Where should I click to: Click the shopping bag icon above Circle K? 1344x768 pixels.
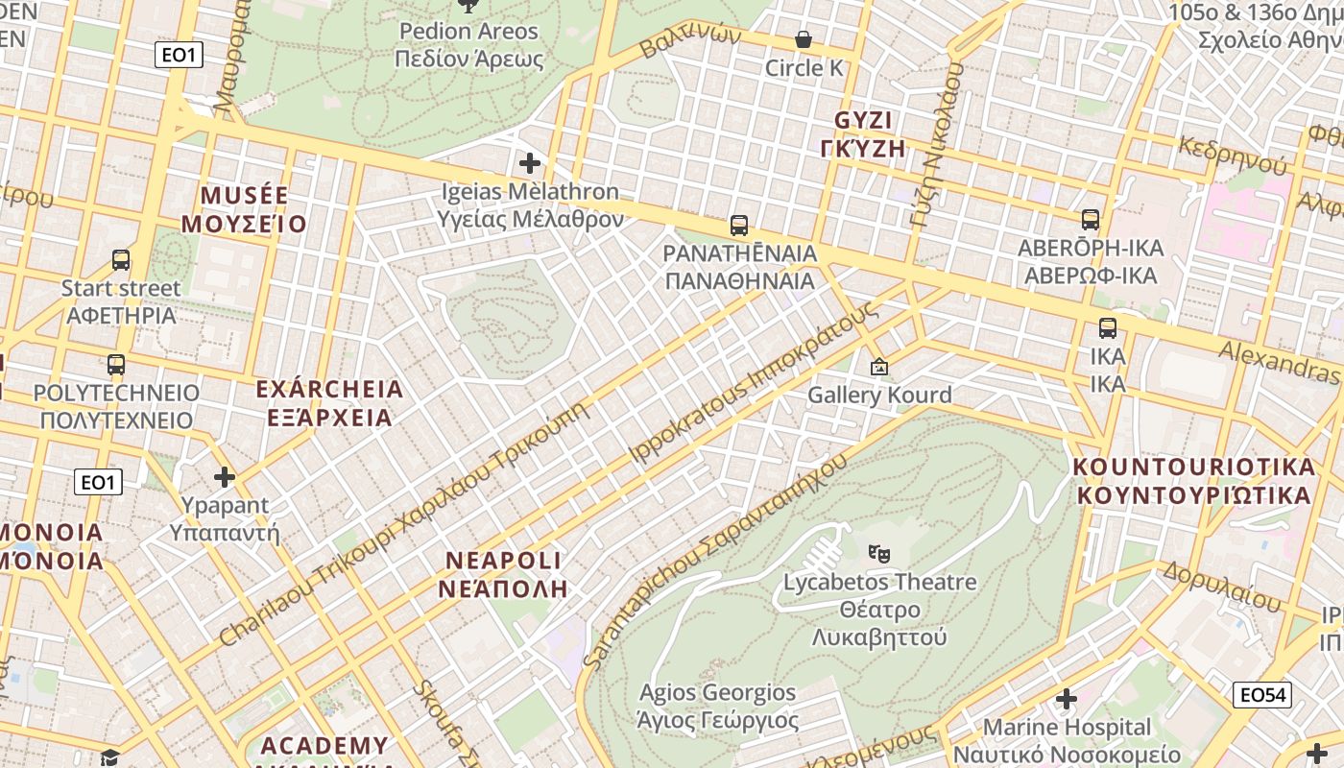804,39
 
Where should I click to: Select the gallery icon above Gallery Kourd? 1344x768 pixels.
878,367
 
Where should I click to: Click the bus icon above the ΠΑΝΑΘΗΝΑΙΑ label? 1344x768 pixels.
738,226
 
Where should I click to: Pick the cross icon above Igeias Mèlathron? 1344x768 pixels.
529,163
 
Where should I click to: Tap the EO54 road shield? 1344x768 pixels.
1262,695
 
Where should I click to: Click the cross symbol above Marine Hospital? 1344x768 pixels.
1067,699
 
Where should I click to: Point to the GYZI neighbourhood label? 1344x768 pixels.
863,121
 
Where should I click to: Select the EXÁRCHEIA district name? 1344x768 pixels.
329,390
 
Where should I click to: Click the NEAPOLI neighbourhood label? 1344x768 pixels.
503,561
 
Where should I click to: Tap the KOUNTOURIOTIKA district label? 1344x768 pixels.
1193,468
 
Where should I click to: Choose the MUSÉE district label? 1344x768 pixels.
244,196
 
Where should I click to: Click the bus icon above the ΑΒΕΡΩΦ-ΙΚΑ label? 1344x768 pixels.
1091,220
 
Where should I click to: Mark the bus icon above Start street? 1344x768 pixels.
121,260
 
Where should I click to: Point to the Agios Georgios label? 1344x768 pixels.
717,692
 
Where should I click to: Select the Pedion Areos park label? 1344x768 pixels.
469,32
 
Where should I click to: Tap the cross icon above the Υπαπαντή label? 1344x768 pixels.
225,477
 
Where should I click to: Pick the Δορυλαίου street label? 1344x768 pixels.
1221,587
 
